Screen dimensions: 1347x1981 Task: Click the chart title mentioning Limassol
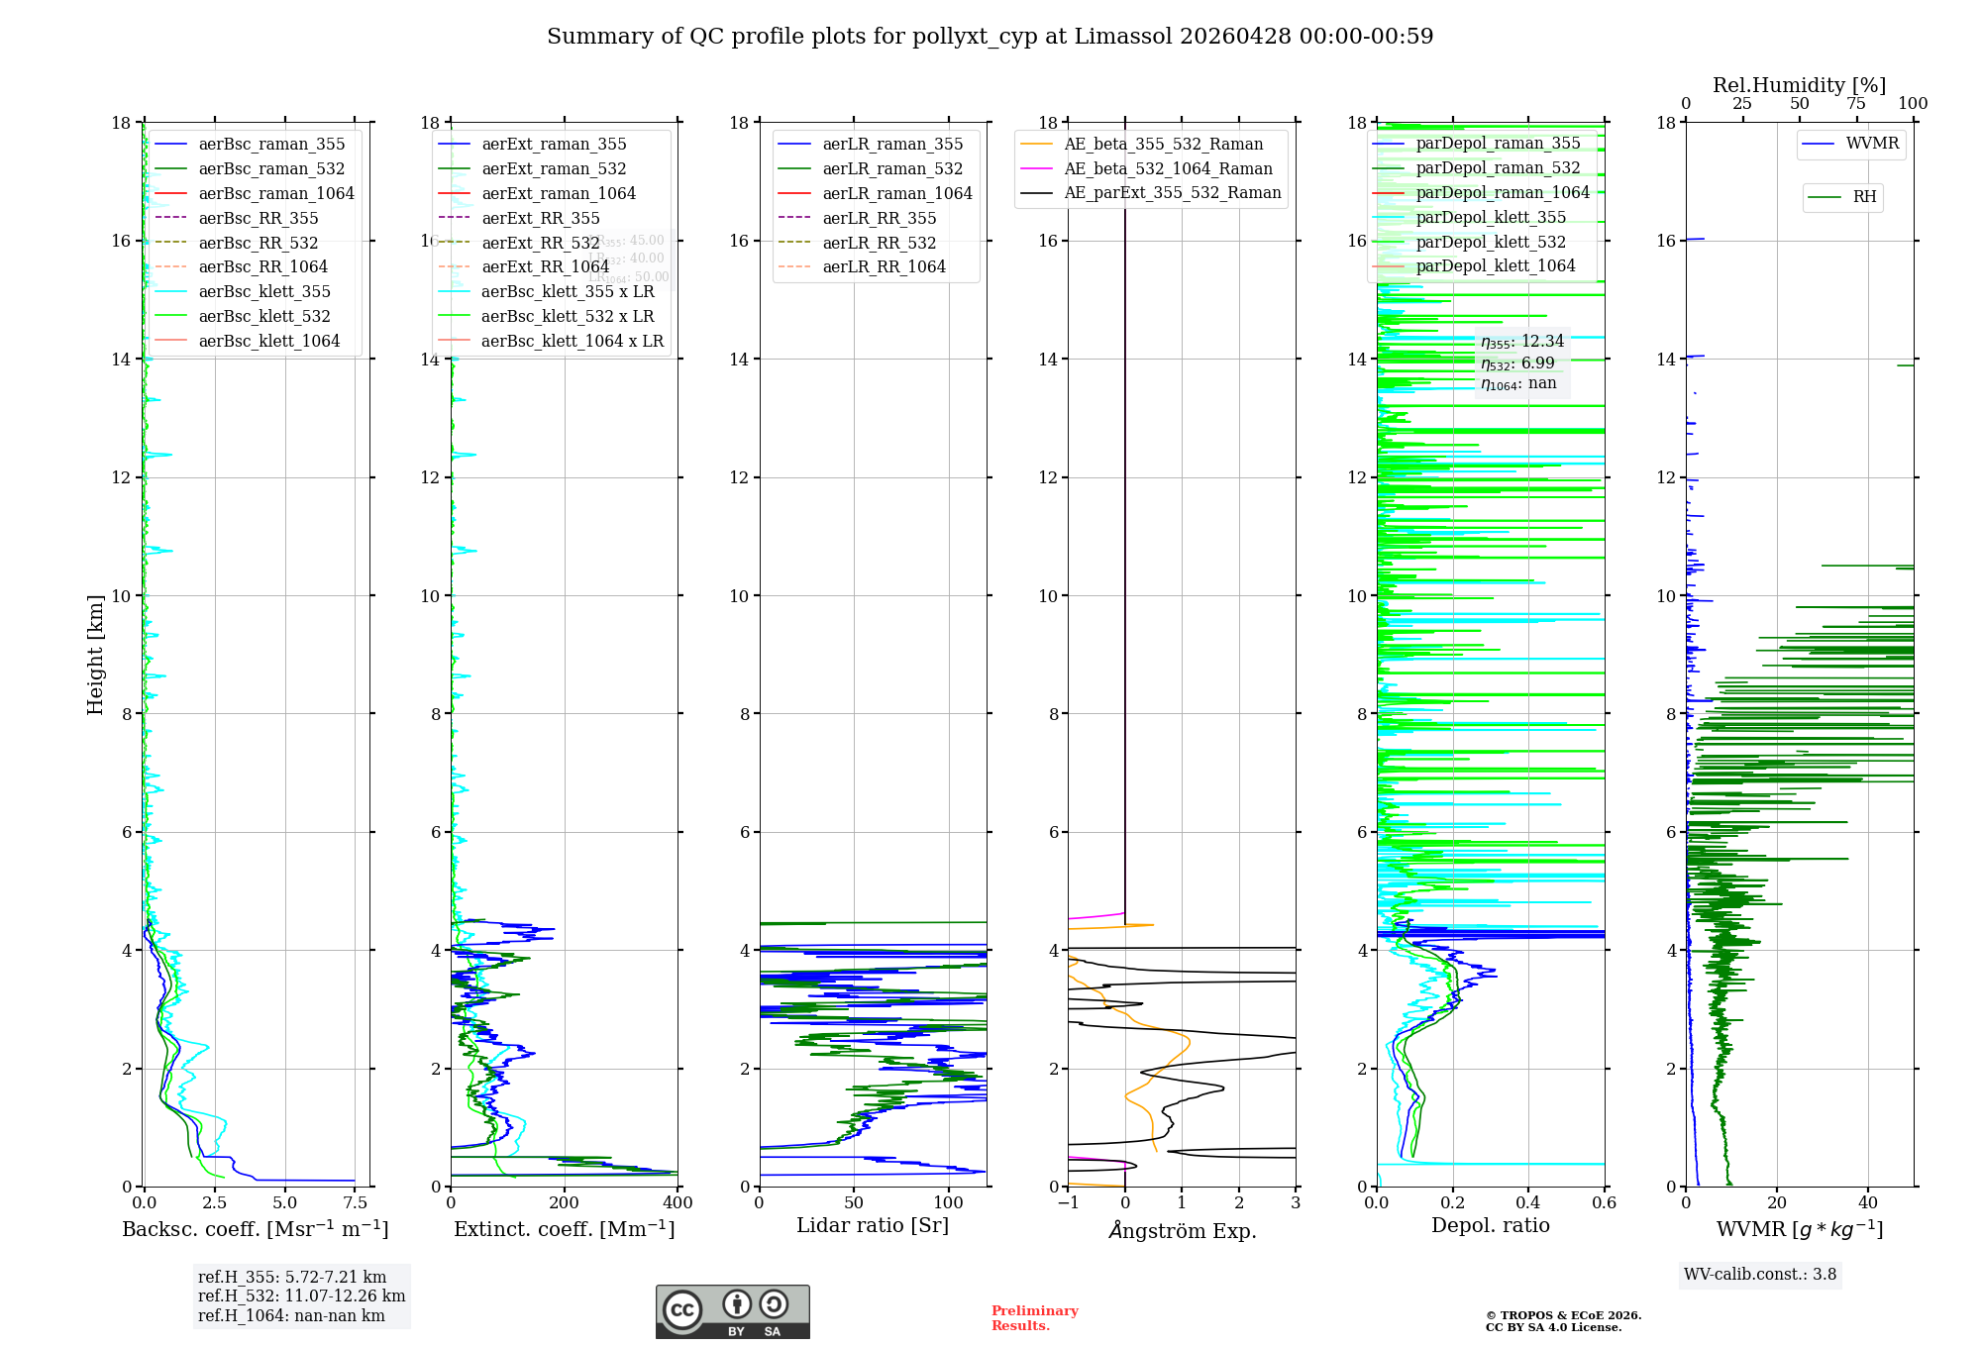coord(990,37)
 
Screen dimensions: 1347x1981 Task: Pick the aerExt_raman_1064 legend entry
coord(559,194)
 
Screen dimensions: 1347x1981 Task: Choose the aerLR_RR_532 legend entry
coord(879,243)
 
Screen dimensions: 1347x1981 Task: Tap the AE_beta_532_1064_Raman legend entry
coord(1168,169)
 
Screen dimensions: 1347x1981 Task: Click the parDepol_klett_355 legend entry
coord(1491,218)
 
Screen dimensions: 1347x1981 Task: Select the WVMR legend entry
coord(1872,144)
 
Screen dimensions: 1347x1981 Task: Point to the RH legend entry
coord(1864,197)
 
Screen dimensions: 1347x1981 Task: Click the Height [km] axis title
coord(95,654)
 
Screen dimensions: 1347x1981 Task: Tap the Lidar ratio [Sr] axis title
coord(873,1226)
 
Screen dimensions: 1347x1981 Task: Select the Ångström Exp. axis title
coord(1182,1231)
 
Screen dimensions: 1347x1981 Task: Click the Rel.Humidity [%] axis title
coord(1799,85)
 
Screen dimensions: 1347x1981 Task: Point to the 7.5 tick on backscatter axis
coord(355,1203)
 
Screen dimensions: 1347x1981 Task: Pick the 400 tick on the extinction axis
coord(678,1203)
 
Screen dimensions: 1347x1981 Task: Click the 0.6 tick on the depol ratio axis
coord(1604,1203)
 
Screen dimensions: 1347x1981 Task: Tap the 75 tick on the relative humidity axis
coord(1856,104)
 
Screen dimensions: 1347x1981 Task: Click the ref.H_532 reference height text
coord(301,1296)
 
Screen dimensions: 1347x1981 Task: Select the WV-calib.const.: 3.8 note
coord(1760,1275)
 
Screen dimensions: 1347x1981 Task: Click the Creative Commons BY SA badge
coord(732,1312)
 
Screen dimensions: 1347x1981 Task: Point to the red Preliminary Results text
coord(1034,1318)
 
